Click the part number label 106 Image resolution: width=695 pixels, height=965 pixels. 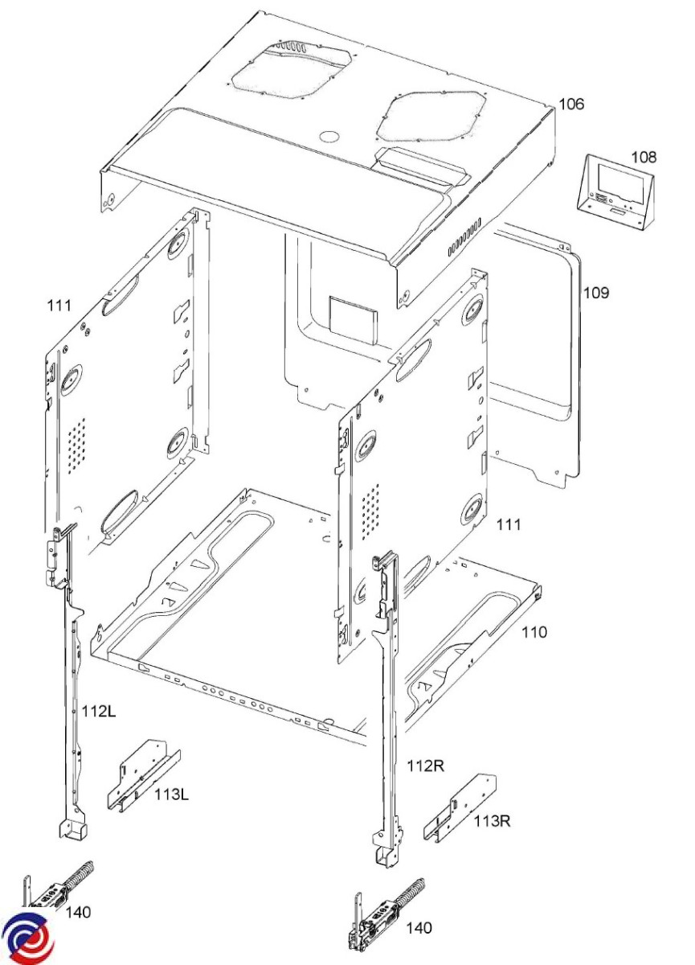click(x=571, y=104)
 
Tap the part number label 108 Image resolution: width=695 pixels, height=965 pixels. click(x=644, y=158)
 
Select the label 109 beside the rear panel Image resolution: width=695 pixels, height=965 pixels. click(x=596, y=293)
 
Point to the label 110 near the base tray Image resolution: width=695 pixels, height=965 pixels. click(x=534, y=632)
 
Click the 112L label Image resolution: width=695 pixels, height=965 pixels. click(x=99, y=711)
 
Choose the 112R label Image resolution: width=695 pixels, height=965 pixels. click(x=425, y=766)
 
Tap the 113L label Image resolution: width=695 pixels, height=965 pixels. click(x=171, y=794)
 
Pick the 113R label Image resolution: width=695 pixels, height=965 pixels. click(x=492, y=821)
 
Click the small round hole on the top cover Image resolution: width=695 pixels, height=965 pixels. click(x=329, y=137)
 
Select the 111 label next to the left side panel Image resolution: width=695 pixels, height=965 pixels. click(x=59, y=306)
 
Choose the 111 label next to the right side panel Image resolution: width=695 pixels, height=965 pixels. click(x=509, y=524)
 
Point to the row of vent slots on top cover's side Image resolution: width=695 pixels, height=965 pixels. click(x=464, y=237)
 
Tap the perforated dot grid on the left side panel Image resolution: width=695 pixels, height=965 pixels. click(x=76, y=442)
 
